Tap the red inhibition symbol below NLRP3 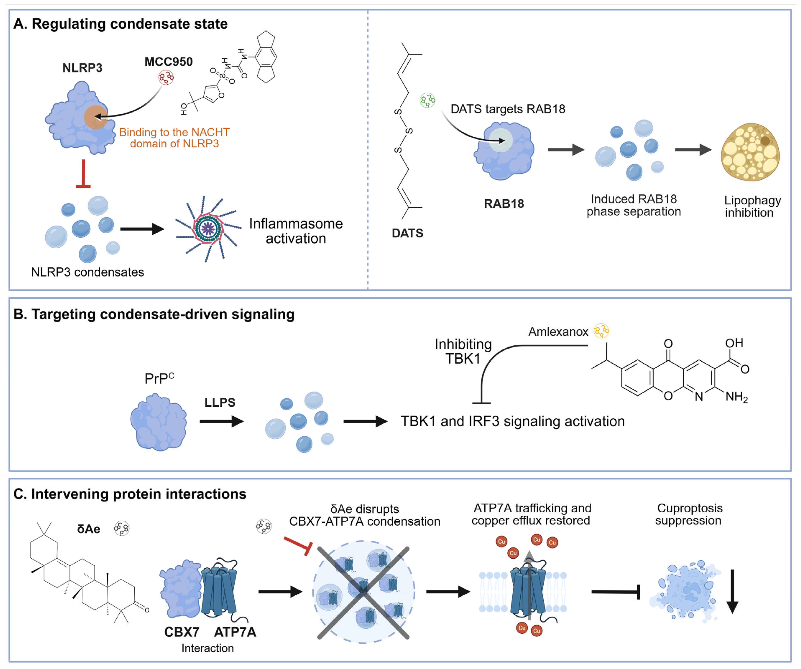click(83, 174)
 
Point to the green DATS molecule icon click(427, 100)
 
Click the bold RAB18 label click(504, 204)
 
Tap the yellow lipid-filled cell click(750, 152)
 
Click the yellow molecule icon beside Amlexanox click(602, 330)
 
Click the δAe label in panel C click(89, 529)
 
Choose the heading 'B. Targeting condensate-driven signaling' click(154, 314)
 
